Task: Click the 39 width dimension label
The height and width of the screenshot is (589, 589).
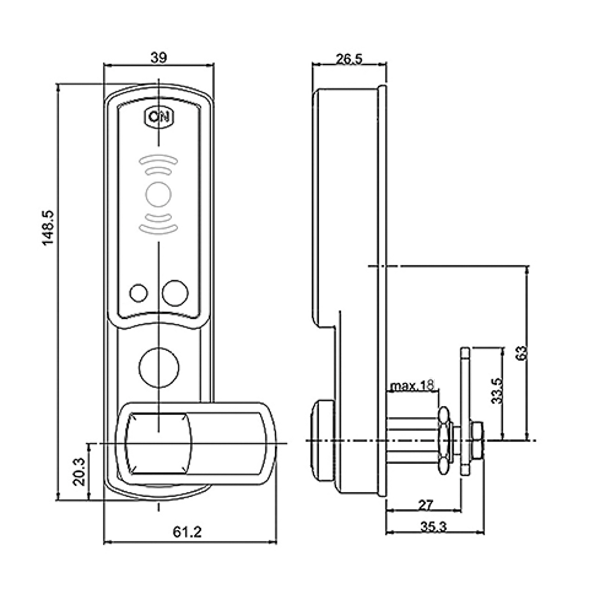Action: tap(158, 58)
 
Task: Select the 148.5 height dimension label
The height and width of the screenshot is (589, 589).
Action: tap(48, 228)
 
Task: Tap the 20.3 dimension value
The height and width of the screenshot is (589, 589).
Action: tap(80, 472)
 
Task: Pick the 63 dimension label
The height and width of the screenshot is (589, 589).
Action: tap(521, 353)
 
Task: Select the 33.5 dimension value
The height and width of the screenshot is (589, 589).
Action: tap(497, 391)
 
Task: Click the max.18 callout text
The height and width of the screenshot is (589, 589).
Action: tap(412, 385)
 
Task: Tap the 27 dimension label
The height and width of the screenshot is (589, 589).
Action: tap(426, 505)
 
